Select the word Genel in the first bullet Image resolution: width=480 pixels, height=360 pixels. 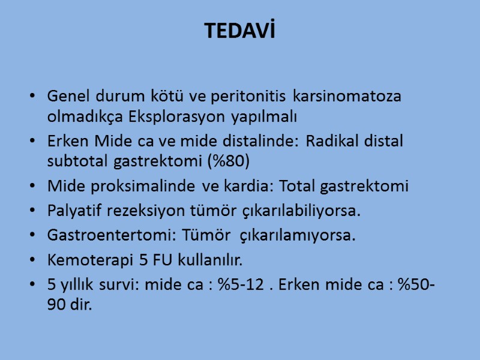(x=65, y=96)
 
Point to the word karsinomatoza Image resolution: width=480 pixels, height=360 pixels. (x=348, y=96)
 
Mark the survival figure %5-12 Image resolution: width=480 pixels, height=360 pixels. (x=240, y=286)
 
